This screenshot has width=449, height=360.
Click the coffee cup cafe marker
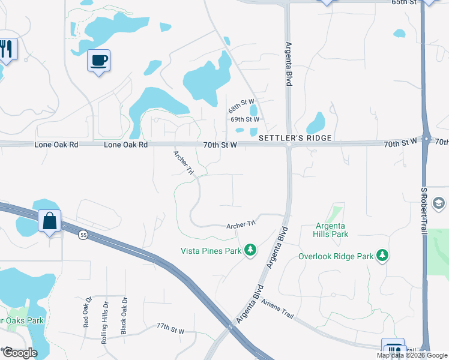click(98, 61)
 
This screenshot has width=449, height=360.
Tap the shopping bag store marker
click(49, 221)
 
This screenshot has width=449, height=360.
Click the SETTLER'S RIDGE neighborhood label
click(295, 138)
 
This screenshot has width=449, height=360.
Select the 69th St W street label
click(244, 119)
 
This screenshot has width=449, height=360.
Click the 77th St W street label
click(170, 331)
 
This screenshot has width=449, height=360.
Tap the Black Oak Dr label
click(124, 316)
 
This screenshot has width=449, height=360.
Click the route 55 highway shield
click(82, 235)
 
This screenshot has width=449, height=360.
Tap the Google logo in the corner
click(20, 352)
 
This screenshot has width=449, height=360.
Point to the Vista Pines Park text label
click(211, 250)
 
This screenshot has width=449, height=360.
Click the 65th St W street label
click(404, 2)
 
